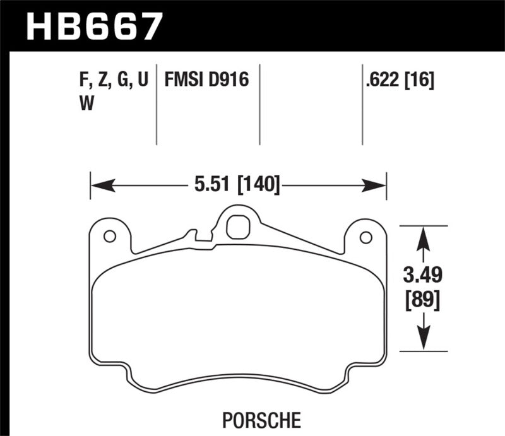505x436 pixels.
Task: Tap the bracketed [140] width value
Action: click(x=257, y=186)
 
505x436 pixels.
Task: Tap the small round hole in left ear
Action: click(x=109, y=237)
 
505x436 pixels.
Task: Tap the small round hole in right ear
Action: click(x=364, y=237)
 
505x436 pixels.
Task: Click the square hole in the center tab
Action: click(x=237, y=227)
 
